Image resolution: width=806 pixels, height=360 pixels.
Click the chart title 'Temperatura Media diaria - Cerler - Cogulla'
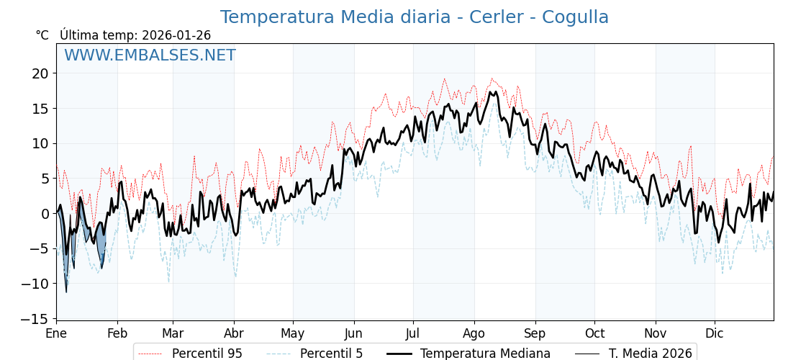414,17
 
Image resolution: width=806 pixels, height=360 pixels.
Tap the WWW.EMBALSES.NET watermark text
150,55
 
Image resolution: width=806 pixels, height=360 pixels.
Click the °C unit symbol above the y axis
42,35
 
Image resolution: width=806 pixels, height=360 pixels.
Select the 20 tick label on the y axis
40,73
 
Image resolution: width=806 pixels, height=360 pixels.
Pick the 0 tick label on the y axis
44,214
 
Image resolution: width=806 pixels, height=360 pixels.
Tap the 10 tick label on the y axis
40,143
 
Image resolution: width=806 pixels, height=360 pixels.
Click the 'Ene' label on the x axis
56,333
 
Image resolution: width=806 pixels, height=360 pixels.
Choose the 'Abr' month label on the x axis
234,333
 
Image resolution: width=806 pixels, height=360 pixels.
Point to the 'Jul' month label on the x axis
413,333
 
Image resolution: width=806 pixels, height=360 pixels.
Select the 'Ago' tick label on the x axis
474,333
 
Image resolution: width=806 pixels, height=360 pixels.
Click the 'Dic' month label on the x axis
715,333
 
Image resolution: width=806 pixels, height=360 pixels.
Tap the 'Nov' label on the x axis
656,333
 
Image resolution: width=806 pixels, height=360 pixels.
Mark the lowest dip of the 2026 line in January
66,292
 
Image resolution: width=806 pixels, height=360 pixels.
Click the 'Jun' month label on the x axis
354,333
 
